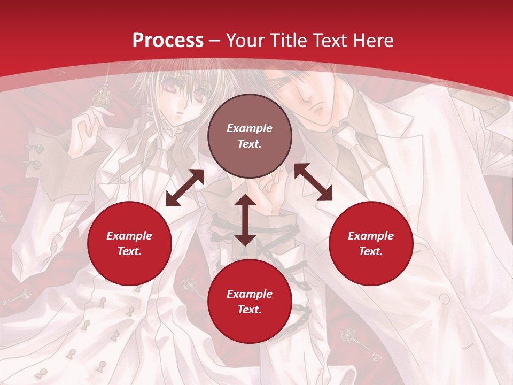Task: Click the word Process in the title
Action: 168,41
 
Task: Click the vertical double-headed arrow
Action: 245,220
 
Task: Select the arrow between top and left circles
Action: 185,188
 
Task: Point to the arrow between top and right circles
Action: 313,182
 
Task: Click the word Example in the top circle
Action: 250,128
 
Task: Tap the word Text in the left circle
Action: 129,251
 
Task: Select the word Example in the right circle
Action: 371,236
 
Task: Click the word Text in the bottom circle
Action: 250,310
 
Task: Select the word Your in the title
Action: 244,41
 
